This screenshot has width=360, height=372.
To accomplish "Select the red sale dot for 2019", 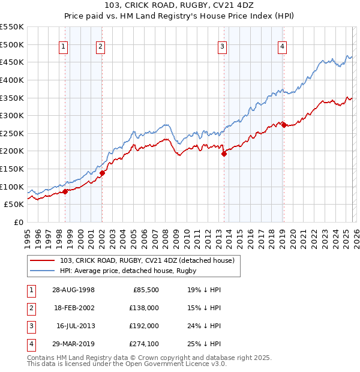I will (284, 125).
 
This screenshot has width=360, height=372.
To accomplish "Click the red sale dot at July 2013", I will (224, 154).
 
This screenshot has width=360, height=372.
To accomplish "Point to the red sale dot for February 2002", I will (102, 173).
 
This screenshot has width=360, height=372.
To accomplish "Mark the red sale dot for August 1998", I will (65, 191).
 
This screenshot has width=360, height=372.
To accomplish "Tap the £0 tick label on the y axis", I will (18, 222).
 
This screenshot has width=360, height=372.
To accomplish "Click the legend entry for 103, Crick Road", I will (151, 260).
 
